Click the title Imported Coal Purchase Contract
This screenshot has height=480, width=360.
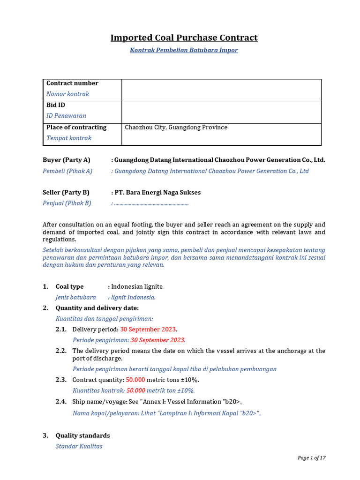point(184,37)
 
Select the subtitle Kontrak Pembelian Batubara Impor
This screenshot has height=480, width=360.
point(184,50)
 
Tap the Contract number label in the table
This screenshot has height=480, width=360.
point(72,83)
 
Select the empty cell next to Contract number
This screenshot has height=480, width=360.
point(221,90)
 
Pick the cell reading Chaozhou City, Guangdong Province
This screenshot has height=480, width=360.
point(176,127)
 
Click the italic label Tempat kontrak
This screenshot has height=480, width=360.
point(69,138)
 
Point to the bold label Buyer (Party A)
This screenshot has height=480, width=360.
point(66,160)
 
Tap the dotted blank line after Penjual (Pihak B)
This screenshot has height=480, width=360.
point(151,203)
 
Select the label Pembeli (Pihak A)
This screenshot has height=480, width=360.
point(67,171)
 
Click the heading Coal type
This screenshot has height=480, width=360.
point(69,286)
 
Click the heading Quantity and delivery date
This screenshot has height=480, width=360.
point(97,308)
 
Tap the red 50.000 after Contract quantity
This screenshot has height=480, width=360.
point(135,380)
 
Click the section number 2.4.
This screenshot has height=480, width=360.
point(61,402)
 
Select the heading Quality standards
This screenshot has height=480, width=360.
point(82,435)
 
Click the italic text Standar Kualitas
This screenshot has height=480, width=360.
point(79,446)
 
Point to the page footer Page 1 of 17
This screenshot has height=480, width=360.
point(311,458)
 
